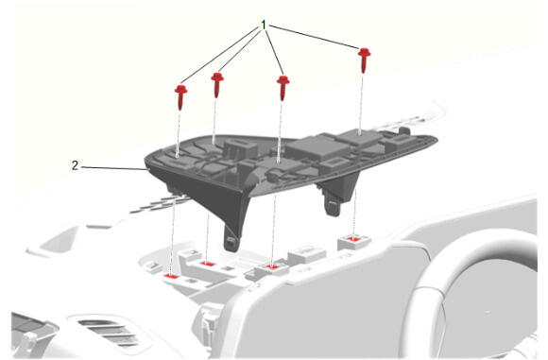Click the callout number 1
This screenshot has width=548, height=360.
[x=264, y=26]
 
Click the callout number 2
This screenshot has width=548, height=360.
[x=75, y=165]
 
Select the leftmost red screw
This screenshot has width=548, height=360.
[x=180, y=97]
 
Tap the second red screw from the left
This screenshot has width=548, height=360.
[x=217, y=85]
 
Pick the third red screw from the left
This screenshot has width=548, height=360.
[x=283, y=88]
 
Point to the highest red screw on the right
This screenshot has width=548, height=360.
[x=364, y=60]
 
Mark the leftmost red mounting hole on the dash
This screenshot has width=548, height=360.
[x=171, y=276]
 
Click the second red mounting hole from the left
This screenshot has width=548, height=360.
[x=207, y=264]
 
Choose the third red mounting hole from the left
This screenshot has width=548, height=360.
[x=272, y=267]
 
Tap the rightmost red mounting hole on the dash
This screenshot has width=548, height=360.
[x=353, y=239]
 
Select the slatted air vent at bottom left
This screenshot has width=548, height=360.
[x=109, y=333]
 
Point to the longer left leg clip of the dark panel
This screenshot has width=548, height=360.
[x=233, y=231]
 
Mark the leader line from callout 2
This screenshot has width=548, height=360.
[x=114, y=168]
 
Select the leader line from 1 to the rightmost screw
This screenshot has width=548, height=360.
[x=314, y=36]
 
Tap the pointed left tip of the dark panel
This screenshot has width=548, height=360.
[x=146, y=162]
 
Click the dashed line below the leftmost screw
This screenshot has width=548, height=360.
[x=179, y=134]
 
